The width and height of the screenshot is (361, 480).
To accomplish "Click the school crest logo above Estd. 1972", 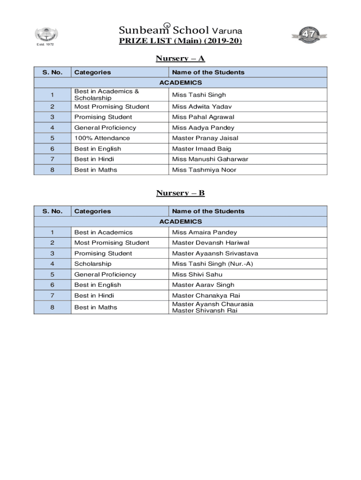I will coord(46,34).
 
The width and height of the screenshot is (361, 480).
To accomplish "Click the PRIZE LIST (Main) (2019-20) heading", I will coord(180,41).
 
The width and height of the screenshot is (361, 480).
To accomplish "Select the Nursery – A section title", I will coord(180,59).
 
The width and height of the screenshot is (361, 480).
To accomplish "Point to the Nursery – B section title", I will coord(180,193).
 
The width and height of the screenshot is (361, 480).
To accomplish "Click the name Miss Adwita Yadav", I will coord(195,107).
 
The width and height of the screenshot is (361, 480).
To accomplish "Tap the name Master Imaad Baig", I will coord(195,149).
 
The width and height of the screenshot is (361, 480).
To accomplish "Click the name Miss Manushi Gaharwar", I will coord(203,159).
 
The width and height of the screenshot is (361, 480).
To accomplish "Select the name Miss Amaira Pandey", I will coord(198,232).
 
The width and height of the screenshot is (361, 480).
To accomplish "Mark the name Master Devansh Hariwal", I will coord(204,243).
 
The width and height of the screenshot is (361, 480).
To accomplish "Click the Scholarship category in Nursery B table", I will coord(93,264).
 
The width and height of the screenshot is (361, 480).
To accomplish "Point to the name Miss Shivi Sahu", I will coord(191,275).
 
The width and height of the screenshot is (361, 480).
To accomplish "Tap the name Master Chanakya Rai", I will coord(199,296).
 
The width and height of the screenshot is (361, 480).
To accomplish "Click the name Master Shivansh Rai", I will coord(198,311).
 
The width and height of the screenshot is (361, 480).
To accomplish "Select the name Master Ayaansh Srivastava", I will coord(209,254).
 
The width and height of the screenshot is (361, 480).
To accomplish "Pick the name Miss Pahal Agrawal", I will coord(196,117).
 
